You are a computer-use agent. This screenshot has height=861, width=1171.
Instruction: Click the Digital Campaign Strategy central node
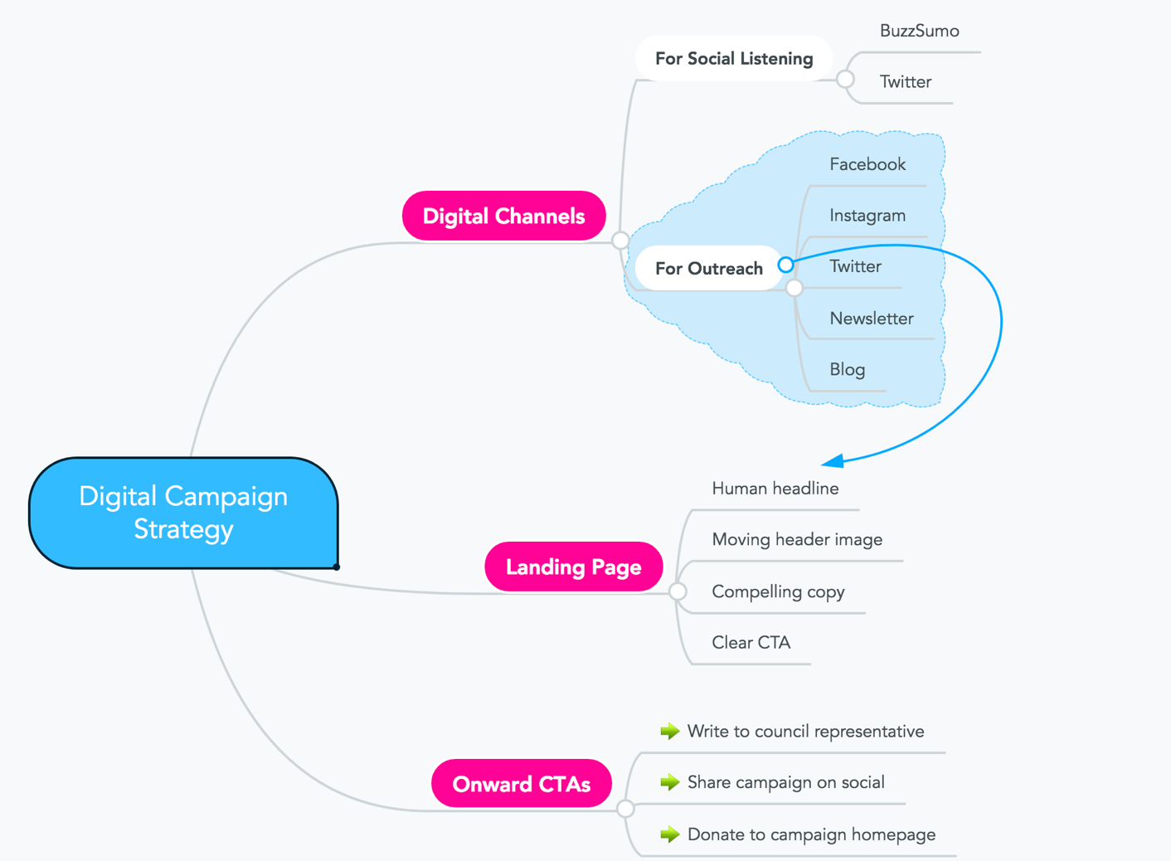click(x=183, y=513)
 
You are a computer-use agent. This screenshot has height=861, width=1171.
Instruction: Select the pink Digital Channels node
click(x=504, y=216)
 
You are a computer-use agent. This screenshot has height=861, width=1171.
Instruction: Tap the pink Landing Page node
click(x=573, y=567)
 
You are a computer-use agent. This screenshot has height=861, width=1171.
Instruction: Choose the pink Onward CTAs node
click(x=521, y=784)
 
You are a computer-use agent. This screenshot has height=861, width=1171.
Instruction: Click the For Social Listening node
click(x=733, y=59)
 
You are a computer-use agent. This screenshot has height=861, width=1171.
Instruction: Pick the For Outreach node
click(x=708, y=269)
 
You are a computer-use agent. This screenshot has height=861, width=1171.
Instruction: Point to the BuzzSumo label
click(x=919, y=32)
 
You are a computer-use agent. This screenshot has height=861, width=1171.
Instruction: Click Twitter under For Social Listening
click(x=905, y=82)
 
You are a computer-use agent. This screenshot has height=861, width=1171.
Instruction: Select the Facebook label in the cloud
click(x=867, y=164)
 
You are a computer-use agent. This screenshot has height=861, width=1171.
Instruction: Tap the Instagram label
click(x=867, y=216)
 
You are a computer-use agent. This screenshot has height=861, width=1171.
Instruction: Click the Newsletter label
click(x=871, y=319)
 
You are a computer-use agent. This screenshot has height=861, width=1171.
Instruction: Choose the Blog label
click(x=847, y=370)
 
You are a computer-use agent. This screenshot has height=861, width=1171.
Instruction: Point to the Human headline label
click(x=775, y=489)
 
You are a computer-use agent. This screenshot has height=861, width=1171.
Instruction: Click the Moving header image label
click(x=796, y=540)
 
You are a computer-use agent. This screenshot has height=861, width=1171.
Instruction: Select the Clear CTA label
click(x=751, y=643)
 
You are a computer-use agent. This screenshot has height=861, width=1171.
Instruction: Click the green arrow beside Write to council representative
click(x=670, y=731)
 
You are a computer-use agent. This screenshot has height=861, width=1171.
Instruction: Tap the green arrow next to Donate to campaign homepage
click(x=670, y=834)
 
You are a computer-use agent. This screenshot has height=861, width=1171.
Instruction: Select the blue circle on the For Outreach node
click(x=785, y=265)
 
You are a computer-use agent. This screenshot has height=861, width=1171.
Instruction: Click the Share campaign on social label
click(x=785, y=782)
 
